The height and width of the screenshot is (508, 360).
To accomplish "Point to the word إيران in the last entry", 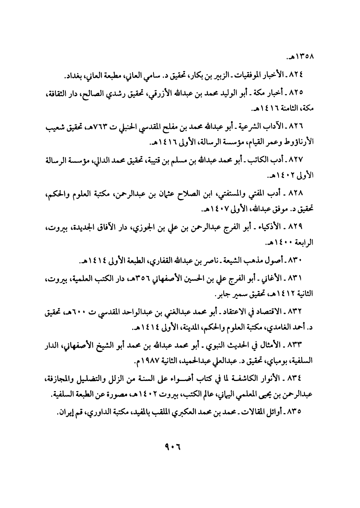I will pos(64,411).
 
